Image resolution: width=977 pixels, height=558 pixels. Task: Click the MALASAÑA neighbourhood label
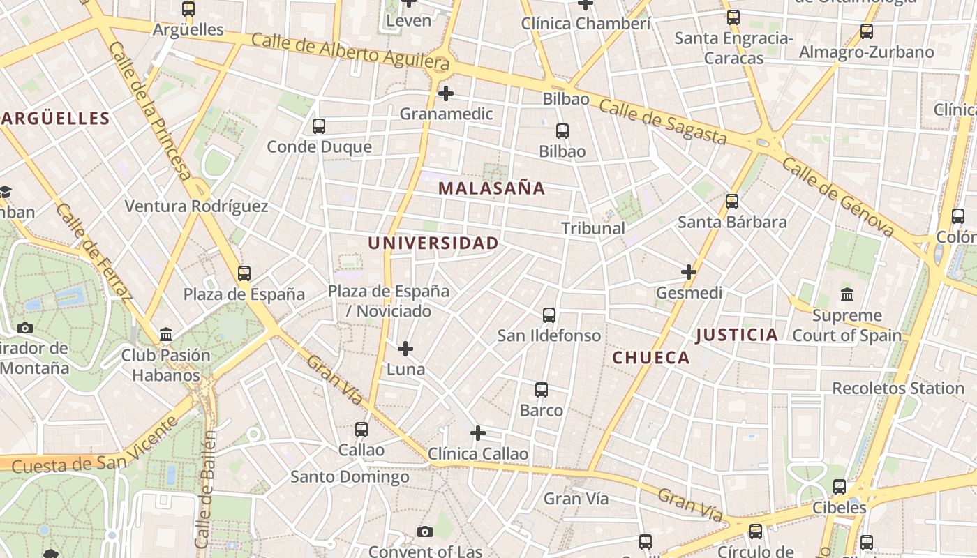(x=491, y=188)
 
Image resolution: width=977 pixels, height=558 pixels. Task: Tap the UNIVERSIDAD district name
(x=433, y=243)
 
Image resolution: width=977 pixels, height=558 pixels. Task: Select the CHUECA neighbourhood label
(x=650, y=358)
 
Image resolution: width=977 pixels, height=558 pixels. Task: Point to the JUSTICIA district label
(x=736, y=335)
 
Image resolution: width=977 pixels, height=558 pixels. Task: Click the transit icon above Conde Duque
(x=319, y=126)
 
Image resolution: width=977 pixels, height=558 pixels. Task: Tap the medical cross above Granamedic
(x=446, y=93)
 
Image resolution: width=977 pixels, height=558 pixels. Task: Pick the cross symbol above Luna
(x=405, y=348)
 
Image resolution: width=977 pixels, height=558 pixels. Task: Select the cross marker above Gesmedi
(x=689, y=271)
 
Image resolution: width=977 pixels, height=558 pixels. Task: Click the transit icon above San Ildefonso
(x=549, y=315)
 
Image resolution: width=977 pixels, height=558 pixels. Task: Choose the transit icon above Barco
(x=542, y=390)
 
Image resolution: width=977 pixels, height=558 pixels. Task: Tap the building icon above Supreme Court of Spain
(x=847, y=294)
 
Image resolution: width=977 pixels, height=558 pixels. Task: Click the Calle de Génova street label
(x=837, y=197)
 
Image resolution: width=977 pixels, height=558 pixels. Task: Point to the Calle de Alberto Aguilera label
(x=350, y=52)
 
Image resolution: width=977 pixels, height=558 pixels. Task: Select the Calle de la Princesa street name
(x=149, y=110)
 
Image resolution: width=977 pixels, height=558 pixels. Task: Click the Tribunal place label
(x=593, y=228)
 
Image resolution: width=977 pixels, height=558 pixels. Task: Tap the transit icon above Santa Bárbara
(x=732, y=202)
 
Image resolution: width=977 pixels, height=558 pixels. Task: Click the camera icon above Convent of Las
(x=424, y=532)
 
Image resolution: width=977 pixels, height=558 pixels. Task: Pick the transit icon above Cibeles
(x=840, y=487)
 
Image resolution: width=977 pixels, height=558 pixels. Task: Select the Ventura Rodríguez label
(x=196, y=206)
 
